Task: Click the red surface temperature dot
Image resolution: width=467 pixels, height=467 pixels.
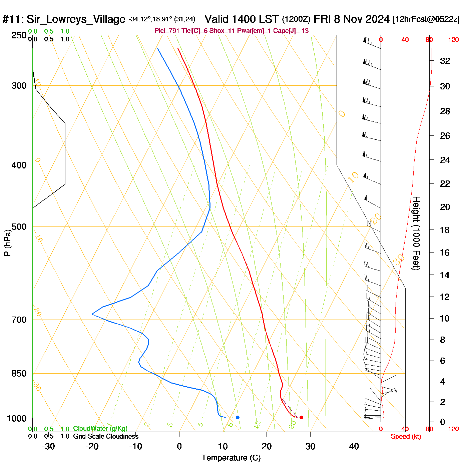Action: pyautogui.click(x=301, y=417)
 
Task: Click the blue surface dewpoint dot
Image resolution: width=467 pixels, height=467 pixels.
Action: pyautogui.click(x=238, y=417)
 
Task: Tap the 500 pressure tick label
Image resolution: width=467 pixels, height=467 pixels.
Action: pyautogui.click(x=19, y=227)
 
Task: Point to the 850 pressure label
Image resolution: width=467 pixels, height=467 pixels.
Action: pyautogui.click(x=19, y=374)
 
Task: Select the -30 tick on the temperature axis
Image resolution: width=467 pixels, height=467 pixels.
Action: pyautogui.click(x=48, y=446)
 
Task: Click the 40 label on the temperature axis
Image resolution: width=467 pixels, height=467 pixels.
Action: pyautogui.click(x=354, y=446)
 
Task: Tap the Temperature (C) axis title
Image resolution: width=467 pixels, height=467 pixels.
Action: pyautogui.click(x=231, y=458)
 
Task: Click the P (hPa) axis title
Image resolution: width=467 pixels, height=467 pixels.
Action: pyautogui.click(x=7, y=243)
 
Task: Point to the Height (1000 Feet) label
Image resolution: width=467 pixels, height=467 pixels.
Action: pyautogui.click(x=416, y=233)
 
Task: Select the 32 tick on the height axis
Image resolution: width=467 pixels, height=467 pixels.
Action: pyautogui.click(x=445, y=61)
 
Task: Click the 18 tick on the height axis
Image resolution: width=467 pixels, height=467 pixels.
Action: pyautogui.click(x=445, y=230)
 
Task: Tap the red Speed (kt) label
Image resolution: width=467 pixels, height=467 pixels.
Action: pyautogui.click(x=406, y=437)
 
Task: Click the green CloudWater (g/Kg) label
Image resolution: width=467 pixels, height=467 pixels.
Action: pyautogui.click(x=100, y=429)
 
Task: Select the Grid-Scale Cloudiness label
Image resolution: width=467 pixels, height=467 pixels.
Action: pyautogui.click(x=106, y=436)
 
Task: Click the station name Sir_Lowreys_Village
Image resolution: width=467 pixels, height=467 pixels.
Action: pyautogui.click(x=76, y=19)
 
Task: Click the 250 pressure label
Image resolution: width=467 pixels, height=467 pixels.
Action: pyautogui.click(x=19, y=35)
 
